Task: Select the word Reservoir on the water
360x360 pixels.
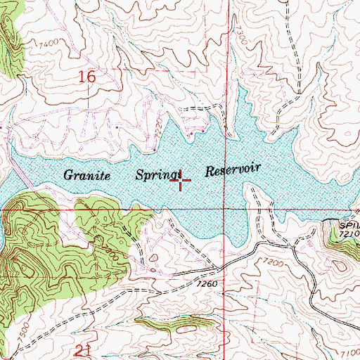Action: pos(233,169)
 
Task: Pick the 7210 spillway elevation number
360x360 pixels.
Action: pos(347,232)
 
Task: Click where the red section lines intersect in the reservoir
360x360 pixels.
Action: pos(226,209)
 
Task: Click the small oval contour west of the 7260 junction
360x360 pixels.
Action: pos(154,266)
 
